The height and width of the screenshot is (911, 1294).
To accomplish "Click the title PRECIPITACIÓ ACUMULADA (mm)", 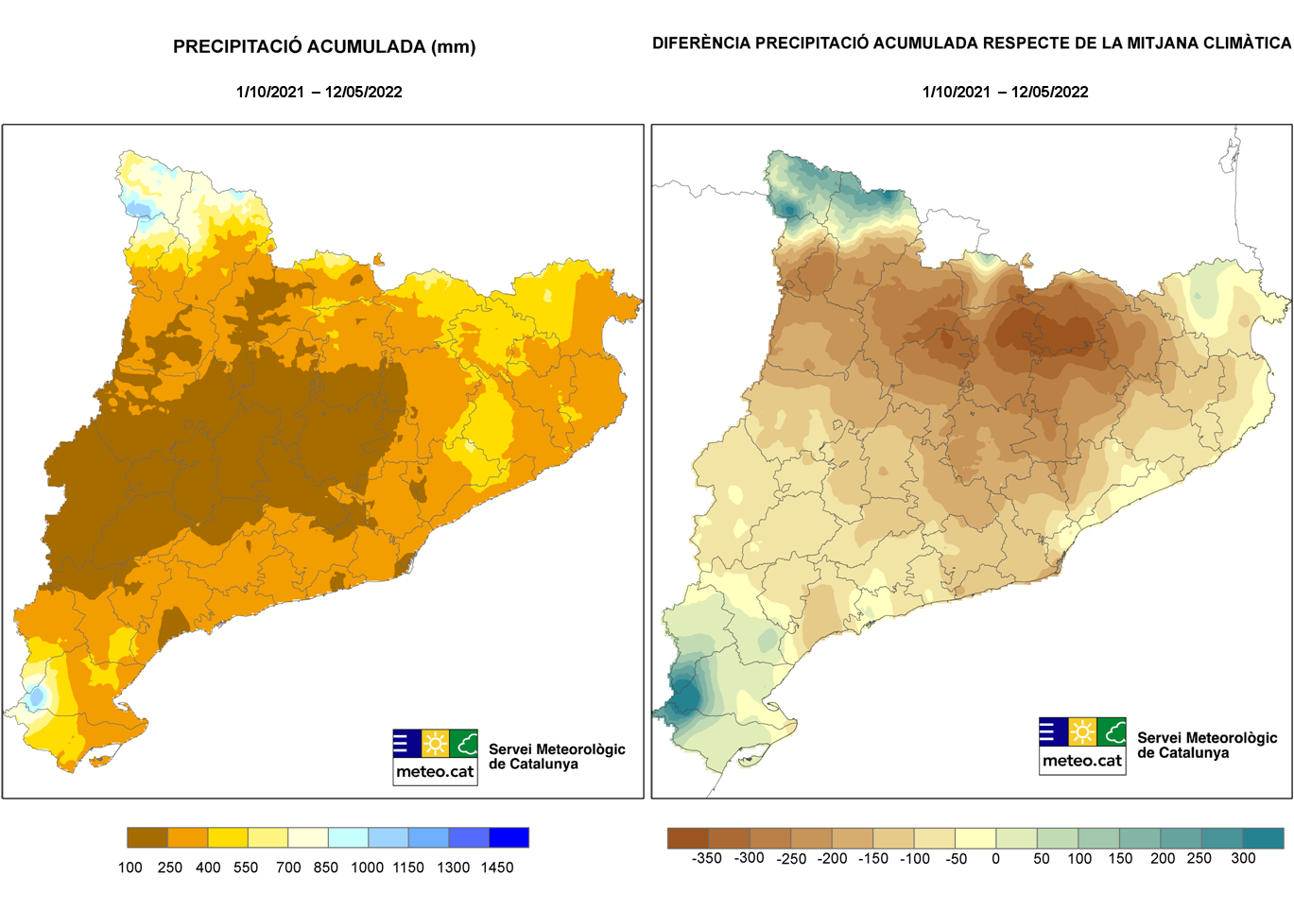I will pos(324,46).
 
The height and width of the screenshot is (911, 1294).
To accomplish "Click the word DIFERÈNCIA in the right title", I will pos(700,43).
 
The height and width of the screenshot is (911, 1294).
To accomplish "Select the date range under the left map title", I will pos(319,92).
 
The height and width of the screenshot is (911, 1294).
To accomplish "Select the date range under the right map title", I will pos(1005,92).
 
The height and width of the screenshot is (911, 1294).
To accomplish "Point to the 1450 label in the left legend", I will pos(497,868).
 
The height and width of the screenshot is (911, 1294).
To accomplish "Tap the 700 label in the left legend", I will pos(288,868).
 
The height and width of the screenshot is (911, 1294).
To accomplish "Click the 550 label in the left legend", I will pos(246,868).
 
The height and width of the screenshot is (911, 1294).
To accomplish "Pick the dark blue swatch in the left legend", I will pos(509,837).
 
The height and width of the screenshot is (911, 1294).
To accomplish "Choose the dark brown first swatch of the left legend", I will pos(147,837).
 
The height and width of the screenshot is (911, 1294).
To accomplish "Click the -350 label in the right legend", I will pos(706,858).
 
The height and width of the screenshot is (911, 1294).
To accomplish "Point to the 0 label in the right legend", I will pos(995,858).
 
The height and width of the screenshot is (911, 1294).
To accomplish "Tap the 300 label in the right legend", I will pos(1243,858).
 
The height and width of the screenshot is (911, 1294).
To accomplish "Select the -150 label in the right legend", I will pos(873,858).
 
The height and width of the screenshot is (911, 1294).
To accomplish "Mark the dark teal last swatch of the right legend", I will pos(1263,838).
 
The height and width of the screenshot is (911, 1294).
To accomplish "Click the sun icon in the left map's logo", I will pos(435,743).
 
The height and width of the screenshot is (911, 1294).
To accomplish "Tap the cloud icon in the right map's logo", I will pos(1112,731).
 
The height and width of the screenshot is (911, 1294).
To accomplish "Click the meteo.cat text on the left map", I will pos(435,771).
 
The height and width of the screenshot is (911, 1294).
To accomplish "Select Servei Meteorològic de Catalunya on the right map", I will pos(1207,745).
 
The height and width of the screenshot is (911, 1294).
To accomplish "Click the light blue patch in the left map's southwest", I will pos(36,696).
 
